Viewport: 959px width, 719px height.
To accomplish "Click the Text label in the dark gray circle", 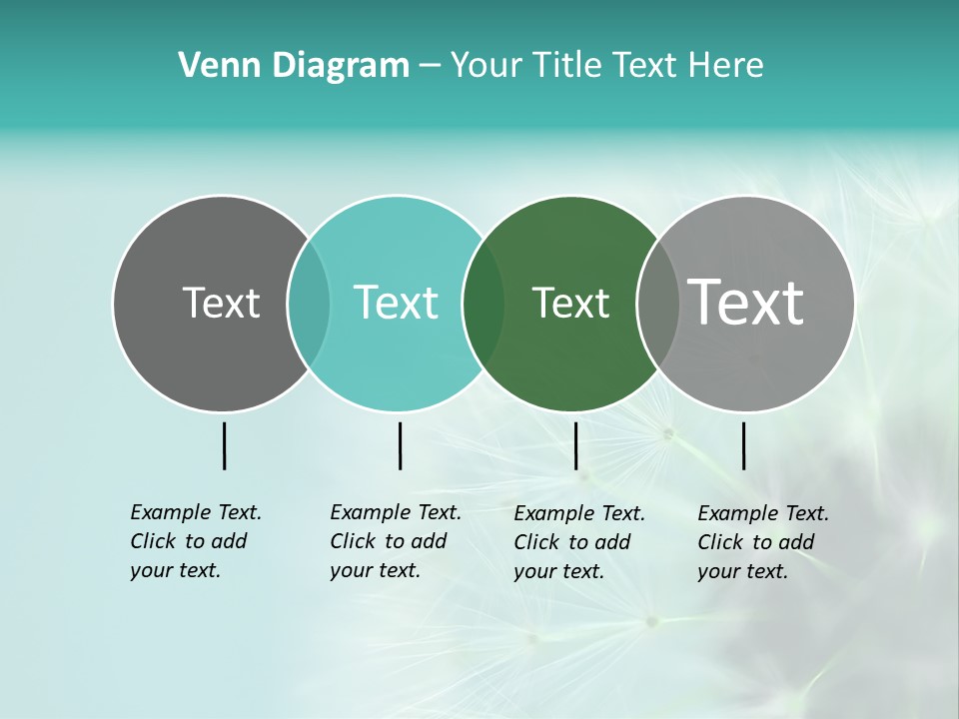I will tap(221, 303).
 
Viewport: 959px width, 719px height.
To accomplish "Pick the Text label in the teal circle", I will tap(397, 303).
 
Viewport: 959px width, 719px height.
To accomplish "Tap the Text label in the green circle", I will tap(570, 303).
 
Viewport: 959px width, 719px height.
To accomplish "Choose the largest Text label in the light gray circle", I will tap(746, 303).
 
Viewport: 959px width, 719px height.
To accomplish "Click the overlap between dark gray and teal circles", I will tap(309, 304).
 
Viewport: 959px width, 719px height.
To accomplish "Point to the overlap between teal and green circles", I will tap(483, 304).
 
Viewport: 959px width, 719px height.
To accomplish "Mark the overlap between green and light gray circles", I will tap(658, 304).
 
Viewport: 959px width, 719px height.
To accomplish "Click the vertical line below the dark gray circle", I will tap(225, 445).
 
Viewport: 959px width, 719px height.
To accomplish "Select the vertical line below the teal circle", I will tap(400, 445).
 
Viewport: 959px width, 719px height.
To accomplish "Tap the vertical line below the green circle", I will tap(576, 445).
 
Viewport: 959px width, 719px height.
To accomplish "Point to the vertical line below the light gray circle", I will tap(744, 445).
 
